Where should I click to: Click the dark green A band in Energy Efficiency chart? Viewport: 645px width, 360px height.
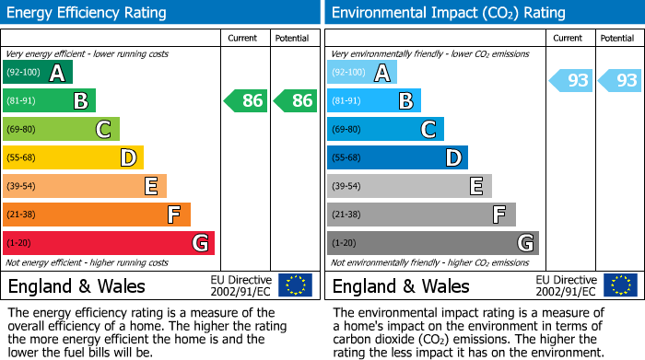[38, 73]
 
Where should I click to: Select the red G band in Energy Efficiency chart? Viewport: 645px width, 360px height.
[109, 243]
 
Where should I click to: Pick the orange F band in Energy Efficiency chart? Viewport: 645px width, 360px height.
[97, 215]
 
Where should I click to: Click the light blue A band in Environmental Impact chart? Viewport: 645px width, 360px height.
[362, 73]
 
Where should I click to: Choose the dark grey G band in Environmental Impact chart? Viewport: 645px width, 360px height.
[433, 243]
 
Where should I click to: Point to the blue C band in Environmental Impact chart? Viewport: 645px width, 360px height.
[386, 129]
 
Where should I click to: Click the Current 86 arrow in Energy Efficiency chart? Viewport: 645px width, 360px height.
[246, 100]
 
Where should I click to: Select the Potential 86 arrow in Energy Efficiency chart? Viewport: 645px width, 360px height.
[295, 100]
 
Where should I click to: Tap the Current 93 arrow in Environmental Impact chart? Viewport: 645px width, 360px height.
[571, 80]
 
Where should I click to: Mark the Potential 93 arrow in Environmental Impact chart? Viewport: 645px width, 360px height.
[620, 80]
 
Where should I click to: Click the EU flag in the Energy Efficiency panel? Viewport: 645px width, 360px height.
[295, 285]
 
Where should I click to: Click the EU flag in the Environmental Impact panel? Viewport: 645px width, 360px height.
[619, 285]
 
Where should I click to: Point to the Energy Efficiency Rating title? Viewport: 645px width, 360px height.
[88, 13]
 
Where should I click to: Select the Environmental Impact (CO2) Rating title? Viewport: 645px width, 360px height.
[447, 13]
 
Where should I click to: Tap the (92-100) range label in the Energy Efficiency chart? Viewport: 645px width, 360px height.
[23, 73]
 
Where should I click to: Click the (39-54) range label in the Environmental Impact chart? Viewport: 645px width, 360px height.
[347, 186]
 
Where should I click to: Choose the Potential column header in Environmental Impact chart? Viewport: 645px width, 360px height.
[617, 38]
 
